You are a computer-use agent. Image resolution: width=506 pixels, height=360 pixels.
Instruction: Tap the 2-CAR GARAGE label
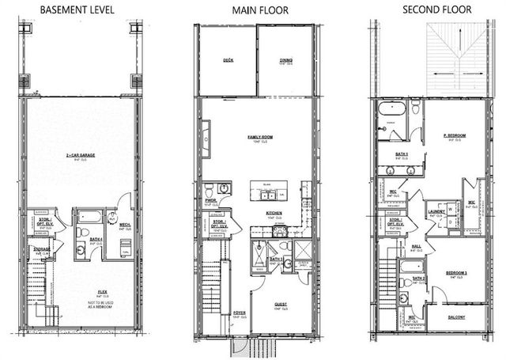(81, 155)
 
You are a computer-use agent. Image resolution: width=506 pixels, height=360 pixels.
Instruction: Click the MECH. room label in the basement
(124, 225)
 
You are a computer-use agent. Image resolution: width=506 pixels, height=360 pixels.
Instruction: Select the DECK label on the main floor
(228, 59)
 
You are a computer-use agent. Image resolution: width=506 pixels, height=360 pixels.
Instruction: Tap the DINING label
(285, 59)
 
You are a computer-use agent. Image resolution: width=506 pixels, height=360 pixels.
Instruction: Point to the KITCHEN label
(274, 213)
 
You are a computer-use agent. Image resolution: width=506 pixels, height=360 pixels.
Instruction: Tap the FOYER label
(239, 314)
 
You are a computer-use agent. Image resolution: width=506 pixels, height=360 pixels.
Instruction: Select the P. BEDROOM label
(455, 135)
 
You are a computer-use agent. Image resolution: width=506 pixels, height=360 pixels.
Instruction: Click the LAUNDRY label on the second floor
(436, 211)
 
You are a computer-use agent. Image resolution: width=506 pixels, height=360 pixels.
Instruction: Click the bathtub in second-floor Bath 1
(391, 110)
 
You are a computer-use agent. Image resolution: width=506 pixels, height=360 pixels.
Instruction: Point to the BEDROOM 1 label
(456, 272)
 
